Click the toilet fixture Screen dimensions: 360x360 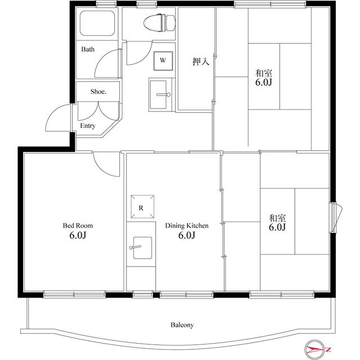pos(159,22)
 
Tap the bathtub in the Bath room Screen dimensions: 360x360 pos(97,23)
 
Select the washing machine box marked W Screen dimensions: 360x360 pos(163,61)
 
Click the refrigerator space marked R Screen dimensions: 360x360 pos(142,206)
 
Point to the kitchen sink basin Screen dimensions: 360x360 pos(142,247)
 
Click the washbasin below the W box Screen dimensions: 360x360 pos(158,94)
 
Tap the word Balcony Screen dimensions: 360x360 pos(182,325)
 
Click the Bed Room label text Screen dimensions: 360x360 pos(78,226)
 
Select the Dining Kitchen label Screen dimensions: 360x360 pos(187,226)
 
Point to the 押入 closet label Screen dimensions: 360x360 pos(201,61)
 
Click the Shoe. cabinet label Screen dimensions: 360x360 pos(98,92)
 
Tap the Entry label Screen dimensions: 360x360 pos(88,126)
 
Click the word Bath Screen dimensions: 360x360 pos(88,49)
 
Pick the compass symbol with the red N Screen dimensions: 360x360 pos(316,349)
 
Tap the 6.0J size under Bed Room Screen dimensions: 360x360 pos(78,235)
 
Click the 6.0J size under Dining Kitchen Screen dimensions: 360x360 pos(187,235)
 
